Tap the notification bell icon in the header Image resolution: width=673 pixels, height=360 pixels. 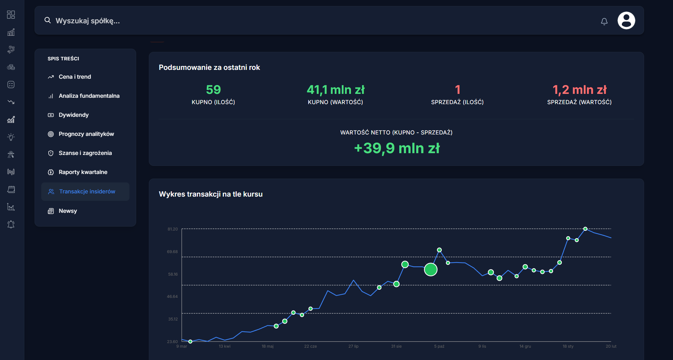[x=604, y=22]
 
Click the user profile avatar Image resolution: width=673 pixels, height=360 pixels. [x=626, y=20]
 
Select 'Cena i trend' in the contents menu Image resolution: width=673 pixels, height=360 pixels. [x=75, y=77]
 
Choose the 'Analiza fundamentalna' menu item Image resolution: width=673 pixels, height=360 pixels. [x=89, y=96]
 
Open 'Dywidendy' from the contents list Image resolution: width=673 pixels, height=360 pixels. [x=74, y=115]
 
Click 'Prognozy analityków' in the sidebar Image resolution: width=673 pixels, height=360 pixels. [x=86, y=134]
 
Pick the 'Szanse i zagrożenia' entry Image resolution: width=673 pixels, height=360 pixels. [x=85, y=153]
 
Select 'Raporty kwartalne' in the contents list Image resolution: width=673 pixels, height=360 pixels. [x=83, y=172]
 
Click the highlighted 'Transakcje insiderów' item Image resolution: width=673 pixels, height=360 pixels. [x=87, y=192]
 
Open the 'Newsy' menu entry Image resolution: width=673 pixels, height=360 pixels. [x=68, y=211]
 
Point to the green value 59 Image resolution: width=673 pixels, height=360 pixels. [x=213, y=90]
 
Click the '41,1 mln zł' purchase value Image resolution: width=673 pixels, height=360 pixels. [x=335, y=90]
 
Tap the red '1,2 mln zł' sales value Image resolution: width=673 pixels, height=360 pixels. [x=580, y=90]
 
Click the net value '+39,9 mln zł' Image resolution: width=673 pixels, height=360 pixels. [x=397, y=148]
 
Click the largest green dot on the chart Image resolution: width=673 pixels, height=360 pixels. [x=431, y=269]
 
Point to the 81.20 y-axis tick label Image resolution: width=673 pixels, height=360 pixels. [x=172, y=229]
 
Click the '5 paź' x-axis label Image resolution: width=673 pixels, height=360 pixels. [x=439, y=346]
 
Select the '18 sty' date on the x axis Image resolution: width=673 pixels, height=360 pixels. [x=568, y=346]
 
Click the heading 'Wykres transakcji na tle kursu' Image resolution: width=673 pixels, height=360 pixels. [x=211, y=194]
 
